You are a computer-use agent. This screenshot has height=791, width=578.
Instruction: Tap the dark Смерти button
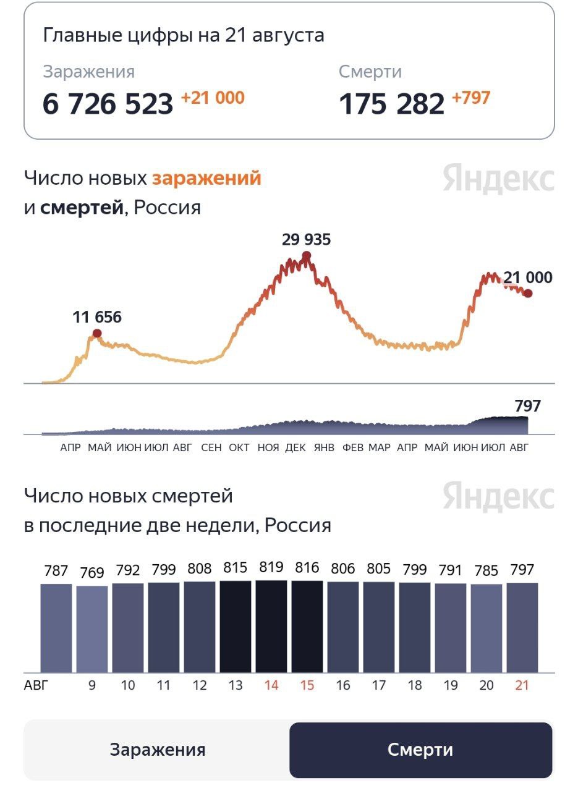[420, 750]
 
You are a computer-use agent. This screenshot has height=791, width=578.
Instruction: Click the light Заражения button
[158, 750]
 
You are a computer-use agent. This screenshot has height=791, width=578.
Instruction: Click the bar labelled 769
[92, 629]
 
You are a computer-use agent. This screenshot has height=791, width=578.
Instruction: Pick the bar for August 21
[522, 627]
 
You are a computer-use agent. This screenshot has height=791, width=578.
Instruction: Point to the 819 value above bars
[271, 569]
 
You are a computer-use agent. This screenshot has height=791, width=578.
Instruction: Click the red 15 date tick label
[307, 685]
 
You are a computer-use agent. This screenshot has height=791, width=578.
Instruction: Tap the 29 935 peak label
[307, 239]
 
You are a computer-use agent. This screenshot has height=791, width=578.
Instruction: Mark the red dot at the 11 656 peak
[97, 334]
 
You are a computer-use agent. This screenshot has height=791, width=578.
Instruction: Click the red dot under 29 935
[307, 255]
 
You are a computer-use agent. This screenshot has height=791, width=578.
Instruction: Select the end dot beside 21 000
[527, 293]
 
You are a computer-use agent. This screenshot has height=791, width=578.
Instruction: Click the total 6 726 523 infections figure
[108, 104]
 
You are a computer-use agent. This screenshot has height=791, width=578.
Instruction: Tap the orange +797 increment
[471, 98]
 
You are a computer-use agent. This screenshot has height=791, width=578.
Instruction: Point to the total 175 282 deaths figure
[391, 104]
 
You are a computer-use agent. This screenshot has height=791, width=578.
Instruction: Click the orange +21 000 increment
[213, 98]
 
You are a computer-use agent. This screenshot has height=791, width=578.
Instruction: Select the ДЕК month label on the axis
[295, 447]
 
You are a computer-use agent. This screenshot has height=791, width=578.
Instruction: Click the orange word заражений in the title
[206, 179]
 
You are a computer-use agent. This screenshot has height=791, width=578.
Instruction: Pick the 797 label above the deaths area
[527, 406]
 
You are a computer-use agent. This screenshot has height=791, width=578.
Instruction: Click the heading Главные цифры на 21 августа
[184, 35]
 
